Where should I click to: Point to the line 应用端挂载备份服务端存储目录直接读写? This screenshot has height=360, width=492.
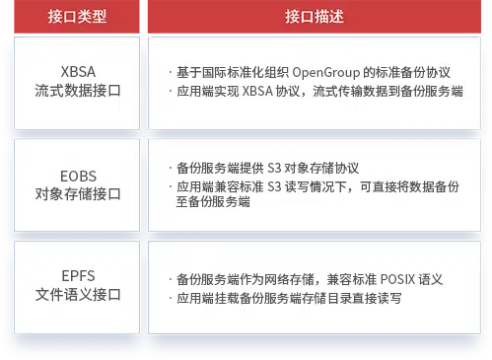[288, 297]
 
